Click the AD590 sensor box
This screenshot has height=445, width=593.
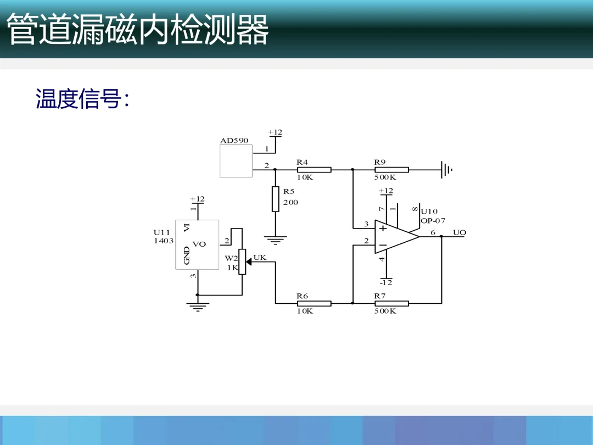[x=236, y=161]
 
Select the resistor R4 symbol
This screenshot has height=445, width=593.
[x=314, y=170]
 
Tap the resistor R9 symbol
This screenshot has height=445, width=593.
[x=391, y=170]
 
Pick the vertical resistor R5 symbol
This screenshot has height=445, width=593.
[x=275, y=199]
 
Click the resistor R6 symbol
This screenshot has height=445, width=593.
[x=314, y=303]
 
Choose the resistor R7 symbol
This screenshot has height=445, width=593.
[x=391, y=303]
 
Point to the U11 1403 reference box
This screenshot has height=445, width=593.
[x=197, y=244]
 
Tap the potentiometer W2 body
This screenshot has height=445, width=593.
[x=242, y=262]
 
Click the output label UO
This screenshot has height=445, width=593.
[x=460, y=232]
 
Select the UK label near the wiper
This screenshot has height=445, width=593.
[x=260, y=257]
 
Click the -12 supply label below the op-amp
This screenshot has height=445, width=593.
[x=387, y=282]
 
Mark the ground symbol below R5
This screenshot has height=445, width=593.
[x=275, y=240]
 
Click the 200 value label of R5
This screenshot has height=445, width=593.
[x=291, y=203]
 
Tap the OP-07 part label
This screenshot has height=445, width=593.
[x=433, y=221]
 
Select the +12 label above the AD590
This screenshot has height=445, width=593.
[x=275, y=132]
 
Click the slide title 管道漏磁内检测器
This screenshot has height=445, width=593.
[x=138, y=30]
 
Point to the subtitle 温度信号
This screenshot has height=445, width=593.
[x=82, y=99]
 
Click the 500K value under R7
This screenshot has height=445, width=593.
[x=385, y=311]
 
